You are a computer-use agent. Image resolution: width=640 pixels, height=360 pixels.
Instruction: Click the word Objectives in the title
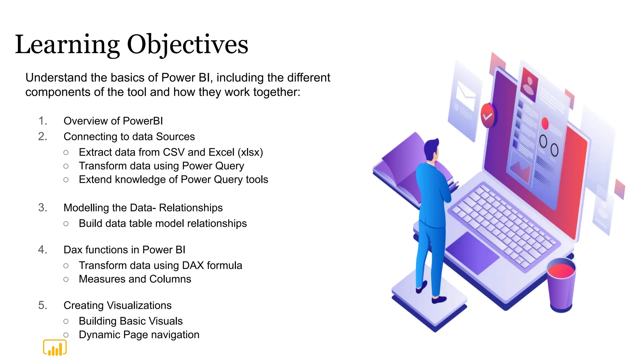(x=187, y=45)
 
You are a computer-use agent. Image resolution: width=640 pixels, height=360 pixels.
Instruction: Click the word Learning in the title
(x=67, y=45)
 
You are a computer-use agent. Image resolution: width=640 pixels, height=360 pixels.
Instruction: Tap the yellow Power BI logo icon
(x=55, y=347)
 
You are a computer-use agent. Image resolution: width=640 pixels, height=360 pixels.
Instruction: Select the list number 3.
(x=42, y=207)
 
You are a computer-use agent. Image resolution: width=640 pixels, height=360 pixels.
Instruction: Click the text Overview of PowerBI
(x=113, y=121)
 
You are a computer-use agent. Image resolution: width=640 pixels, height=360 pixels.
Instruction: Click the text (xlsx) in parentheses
(x=250, y=152)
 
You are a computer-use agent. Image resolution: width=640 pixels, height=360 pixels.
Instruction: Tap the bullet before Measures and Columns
(x=66, y=279)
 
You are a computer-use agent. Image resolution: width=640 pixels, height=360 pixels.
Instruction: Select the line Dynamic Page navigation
(x=139, y=335)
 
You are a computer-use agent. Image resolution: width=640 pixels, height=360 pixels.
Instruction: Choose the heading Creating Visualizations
(x=117, y=305)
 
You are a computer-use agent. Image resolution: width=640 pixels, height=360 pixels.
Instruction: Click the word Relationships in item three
(x=191, y=208)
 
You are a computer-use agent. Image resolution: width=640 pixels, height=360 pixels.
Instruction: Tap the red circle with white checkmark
(x=488, y=116)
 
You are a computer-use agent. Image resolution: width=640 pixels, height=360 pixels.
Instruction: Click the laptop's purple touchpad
(x=472, y=253)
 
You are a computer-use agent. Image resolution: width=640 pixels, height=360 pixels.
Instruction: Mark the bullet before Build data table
(x=66, y=224)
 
